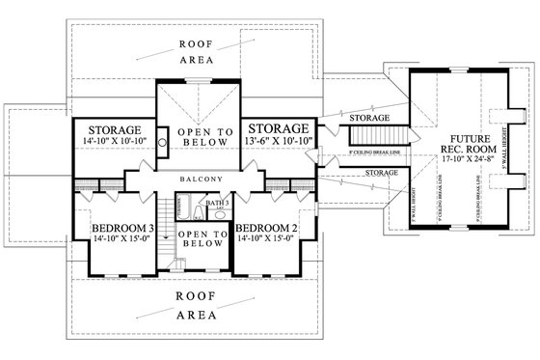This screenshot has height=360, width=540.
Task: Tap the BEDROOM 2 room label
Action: [263, 228]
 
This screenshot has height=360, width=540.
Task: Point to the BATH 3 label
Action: [213, 204]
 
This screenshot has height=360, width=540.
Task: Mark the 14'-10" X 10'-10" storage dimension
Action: [115, 142]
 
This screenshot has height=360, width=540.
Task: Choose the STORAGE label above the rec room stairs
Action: [370, 118]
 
